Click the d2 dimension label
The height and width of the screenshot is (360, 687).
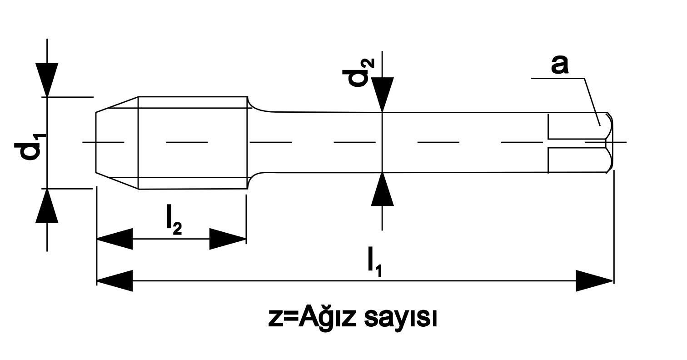click(x=361, y=72)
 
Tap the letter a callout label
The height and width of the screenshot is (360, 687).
click(x=560, y=64)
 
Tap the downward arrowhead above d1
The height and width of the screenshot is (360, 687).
click(x=47, y=80)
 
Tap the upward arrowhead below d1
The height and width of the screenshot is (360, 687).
click(x=47, y=205)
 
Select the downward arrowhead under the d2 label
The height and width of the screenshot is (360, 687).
click(x=382, y=94)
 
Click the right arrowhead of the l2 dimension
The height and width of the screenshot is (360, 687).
click(x=228, y=239)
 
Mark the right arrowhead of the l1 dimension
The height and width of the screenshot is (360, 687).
click(x=594, y=280)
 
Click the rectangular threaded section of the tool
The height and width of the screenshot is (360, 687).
click(x=193, y=142)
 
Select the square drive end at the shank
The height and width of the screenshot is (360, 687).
click(x=579, y=142)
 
